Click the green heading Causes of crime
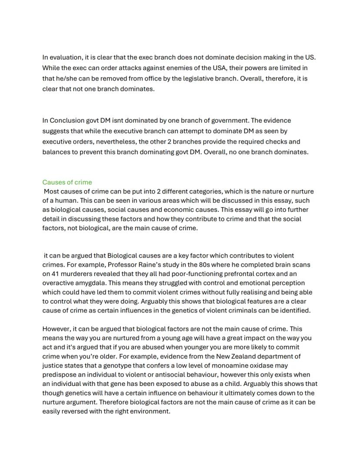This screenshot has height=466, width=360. (67, 182)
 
